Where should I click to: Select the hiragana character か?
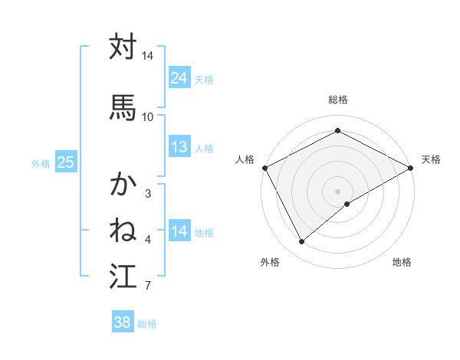[123, 184]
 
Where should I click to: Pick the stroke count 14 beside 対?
[148, 57]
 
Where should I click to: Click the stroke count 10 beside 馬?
[148, 117]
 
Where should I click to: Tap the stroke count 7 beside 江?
[148, 286]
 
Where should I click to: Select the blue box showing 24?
[179, 78]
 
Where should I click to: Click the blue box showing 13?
[179, 147]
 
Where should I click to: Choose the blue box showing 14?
[179, 231]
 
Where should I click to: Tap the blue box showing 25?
[66, 162]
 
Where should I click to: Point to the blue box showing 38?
[123, 322]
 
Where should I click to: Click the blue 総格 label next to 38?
[147, 324]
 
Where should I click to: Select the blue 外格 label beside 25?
[41, 163]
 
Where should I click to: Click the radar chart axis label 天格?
[431, 159]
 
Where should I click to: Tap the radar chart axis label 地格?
[402, 262]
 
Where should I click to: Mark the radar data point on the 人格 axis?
[264, 168]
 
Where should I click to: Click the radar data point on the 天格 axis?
[411, 168]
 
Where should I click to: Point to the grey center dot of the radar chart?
[338, 191]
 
